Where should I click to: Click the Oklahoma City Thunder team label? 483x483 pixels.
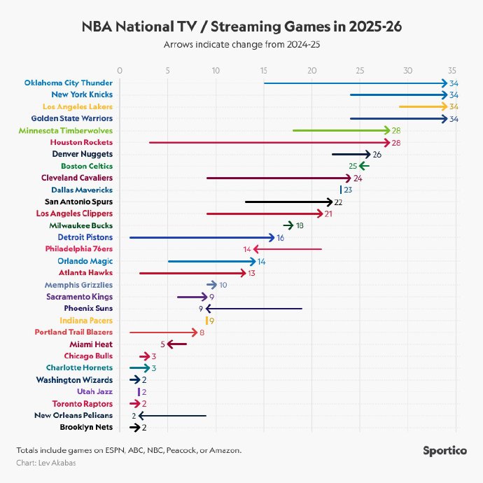(69, 83)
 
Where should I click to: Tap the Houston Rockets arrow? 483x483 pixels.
(269, 142)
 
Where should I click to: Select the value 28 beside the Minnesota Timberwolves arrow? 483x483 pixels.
(396, 130)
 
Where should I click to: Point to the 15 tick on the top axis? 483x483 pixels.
(264, 70)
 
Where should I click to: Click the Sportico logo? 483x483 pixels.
(444, 451)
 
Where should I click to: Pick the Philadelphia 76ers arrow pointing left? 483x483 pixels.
(287, 248)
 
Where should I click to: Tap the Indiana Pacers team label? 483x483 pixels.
(87, 320)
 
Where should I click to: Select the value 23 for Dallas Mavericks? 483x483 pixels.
(348, 190)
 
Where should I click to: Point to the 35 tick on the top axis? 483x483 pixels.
(453, 70)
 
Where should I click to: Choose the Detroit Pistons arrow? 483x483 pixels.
(202, 237)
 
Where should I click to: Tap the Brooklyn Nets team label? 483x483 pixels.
(85, 427)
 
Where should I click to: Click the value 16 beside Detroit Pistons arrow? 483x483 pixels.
(280, 237)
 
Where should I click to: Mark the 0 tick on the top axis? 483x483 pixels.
(120, 70)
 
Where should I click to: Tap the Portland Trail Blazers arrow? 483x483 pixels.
(163, 332)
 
